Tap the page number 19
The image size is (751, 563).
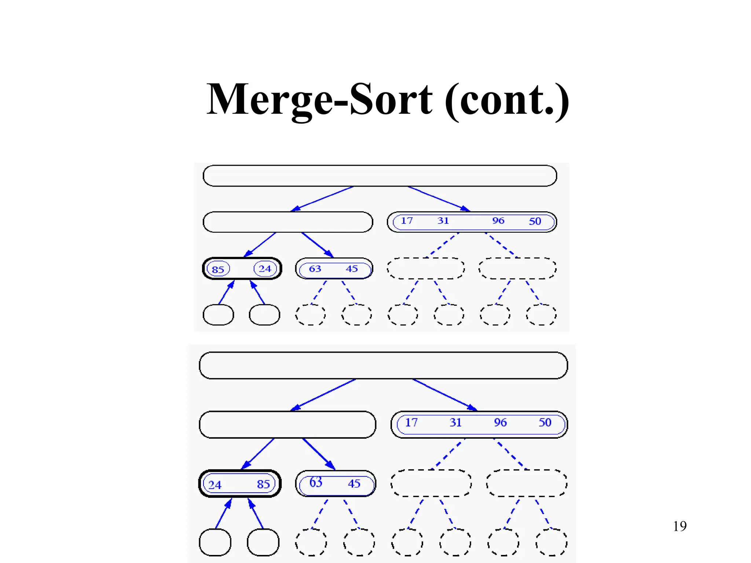click(x=679, y=526)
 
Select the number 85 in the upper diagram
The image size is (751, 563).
click(x=218, y=269)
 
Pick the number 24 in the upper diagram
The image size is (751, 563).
click(x=265, y=269)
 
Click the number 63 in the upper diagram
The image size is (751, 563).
click(x=315, y=269)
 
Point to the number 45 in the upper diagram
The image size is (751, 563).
click(x=352, y=269)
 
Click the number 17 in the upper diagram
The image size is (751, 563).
click(x=407, y=221)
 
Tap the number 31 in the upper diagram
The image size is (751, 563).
click(x=443, y=221)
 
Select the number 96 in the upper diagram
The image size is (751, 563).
click(x=498, y=221)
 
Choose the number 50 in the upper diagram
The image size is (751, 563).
click(x=535, y=221)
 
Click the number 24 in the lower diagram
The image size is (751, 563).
click(x=215, y=485)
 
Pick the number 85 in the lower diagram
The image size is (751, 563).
click(x=263, y=484)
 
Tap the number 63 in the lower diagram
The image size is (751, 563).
click(x=316, y=482)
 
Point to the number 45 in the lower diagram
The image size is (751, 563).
click(x=354, y=483)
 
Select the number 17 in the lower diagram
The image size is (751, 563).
click(x=411, y=423)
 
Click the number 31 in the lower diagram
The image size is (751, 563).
click(x=455, y=423)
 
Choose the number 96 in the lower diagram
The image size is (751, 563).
click(x=500, y=423)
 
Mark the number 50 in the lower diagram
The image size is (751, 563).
click(x=545, y=423)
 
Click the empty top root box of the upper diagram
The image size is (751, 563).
click(x=380, y=176)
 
